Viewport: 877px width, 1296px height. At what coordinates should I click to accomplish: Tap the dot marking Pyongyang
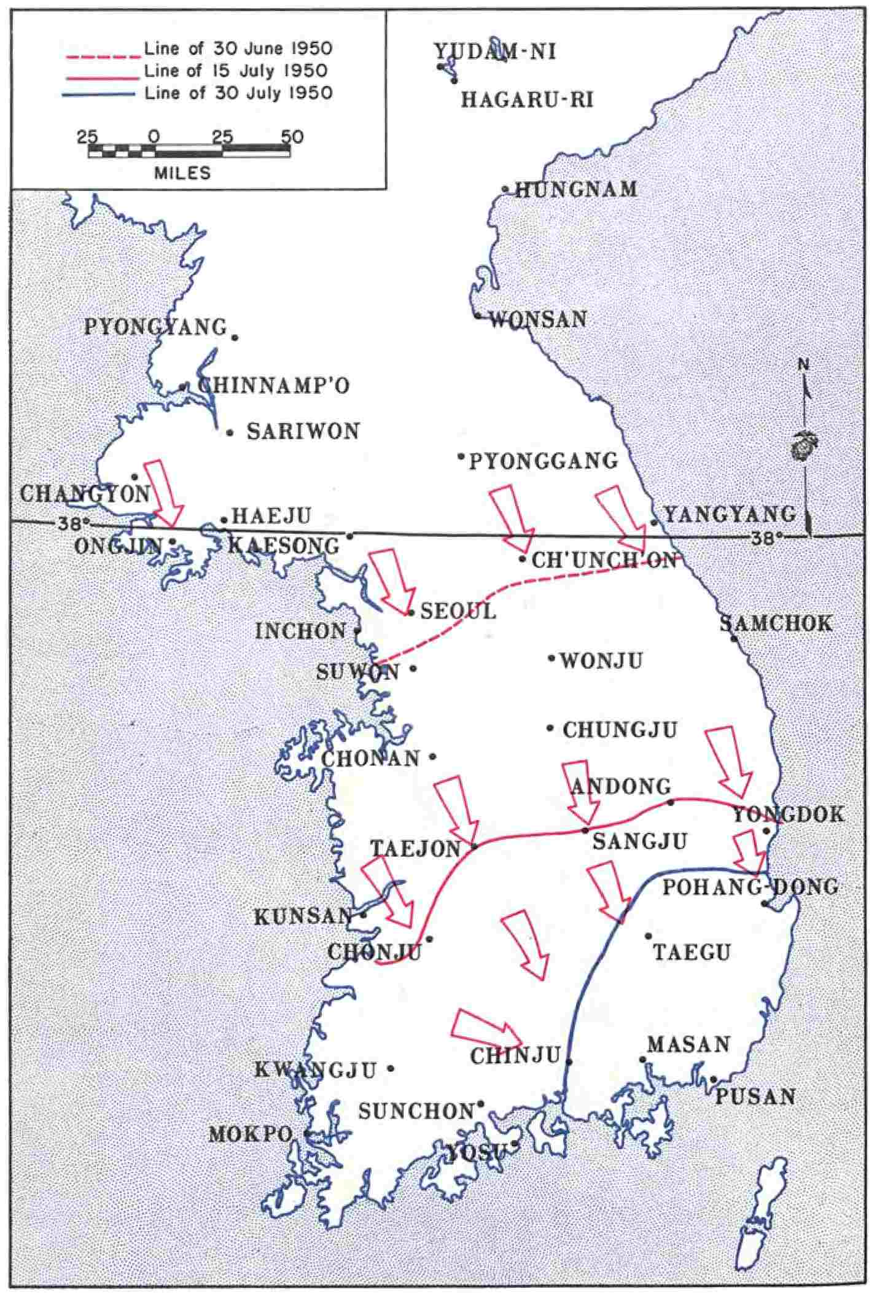[x=234, y=337]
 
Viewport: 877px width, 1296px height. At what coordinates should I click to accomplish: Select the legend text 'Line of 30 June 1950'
[x=238, y=48]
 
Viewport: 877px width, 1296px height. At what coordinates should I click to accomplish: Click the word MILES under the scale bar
[x=182, y=173]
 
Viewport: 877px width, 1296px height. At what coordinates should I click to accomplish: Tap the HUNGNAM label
[x=576, y=189]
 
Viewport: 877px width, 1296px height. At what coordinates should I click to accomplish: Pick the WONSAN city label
[x=538, y=319]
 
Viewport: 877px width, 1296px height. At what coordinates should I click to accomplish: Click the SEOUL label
[x=458, y=611]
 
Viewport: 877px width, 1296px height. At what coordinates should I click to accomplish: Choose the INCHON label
[x=300, y=631]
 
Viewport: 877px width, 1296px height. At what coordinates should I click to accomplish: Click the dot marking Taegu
[x=648, y=936]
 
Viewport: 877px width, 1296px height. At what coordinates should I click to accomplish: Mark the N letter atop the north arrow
[x=803, y=364]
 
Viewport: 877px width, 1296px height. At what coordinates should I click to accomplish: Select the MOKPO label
[x=250, y=1134]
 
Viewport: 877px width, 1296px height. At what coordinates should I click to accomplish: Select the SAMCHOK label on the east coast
[x=776, y=623]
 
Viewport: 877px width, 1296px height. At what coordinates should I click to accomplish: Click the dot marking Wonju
[x=552, y=658]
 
